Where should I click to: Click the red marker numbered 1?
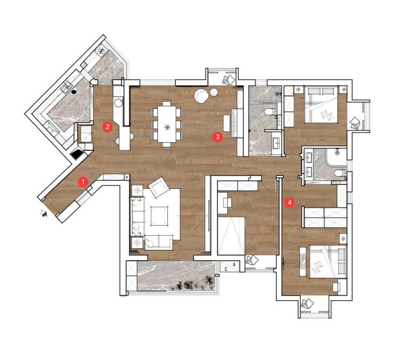83,182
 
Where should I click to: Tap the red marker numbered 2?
107,127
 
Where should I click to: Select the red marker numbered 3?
218,137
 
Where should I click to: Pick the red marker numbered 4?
289,202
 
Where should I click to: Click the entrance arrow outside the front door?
43,213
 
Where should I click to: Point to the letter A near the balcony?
234,265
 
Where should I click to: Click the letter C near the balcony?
226,269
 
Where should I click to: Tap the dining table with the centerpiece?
167,124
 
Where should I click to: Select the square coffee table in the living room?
159,215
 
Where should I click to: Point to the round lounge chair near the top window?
201,96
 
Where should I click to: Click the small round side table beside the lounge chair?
214,92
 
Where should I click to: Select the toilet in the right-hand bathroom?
340,173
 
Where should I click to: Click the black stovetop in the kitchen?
77,155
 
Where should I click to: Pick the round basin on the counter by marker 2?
119,102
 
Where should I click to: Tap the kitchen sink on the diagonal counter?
67,86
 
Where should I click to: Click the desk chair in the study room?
227,202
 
